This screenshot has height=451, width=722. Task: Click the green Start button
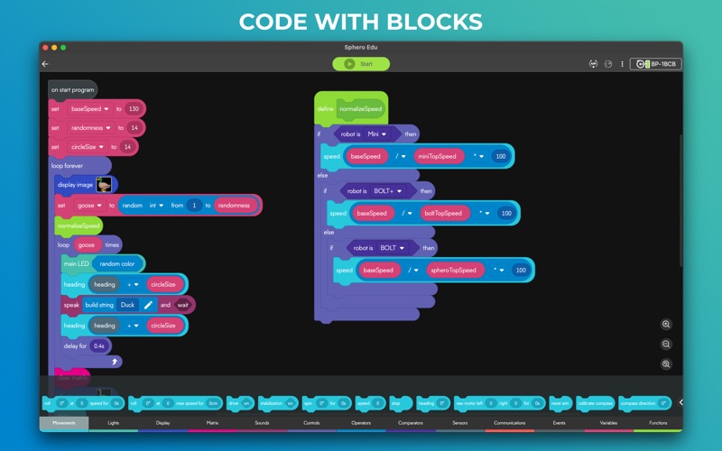361,64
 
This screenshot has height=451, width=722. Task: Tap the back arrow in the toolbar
45,64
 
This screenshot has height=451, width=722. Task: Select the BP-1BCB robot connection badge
655,64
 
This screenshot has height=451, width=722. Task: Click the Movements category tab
64,422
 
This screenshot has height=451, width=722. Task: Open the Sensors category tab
460,422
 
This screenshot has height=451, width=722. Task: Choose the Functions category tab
659,422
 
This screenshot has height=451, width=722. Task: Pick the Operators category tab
361,422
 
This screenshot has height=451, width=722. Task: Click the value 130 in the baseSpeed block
134,108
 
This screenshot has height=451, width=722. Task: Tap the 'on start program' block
72,89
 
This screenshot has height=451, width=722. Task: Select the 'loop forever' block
68,166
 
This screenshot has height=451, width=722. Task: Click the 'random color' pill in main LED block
117,263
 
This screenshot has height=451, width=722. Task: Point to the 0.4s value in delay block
98,345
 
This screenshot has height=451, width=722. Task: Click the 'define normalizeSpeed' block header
351,108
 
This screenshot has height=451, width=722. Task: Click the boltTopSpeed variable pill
443,213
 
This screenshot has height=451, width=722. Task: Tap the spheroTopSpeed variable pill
454,270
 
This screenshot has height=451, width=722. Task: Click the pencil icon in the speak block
149,305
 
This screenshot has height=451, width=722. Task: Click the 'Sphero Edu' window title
361,47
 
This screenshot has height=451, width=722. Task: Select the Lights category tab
114,422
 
